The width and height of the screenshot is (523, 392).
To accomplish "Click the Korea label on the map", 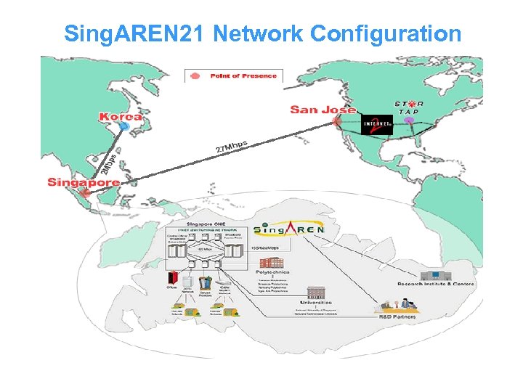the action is tap(121, 116).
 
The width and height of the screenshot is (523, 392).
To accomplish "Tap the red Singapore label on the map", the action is tap(83, 181).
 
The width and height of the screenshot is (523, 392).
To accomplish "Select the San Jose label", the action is tap(323, 110).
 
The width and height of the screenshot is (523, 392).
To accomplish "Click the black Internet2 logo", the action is tap(376, 126).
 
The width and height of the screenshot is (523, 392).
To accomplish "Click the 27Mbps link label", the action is tap(232, 146).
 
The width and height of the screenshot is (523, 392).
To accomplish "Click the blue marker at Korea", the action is tap(124, 126).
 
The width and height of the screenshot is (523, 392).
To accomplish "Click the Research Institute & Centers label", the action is tap(435, 284).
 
